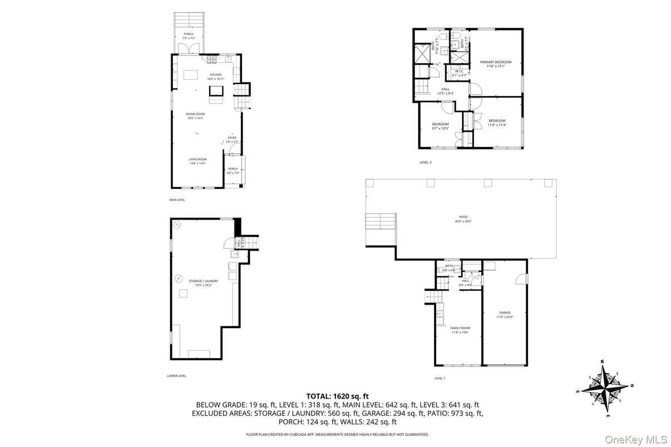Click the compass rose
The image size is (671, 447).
click(x=605, y=387)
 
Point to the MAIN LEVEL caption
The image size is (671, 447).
click(x=177, y=200)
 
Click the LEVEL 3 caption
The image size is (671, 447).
click(x=425, y=162)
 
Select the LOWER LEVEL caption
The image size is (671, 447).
click(x=177, y=375)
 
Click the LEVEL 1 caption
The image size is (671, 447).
click(x=440, y=378)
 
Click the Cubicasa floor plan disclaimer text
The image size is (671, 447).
click(x=337, y=434)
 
